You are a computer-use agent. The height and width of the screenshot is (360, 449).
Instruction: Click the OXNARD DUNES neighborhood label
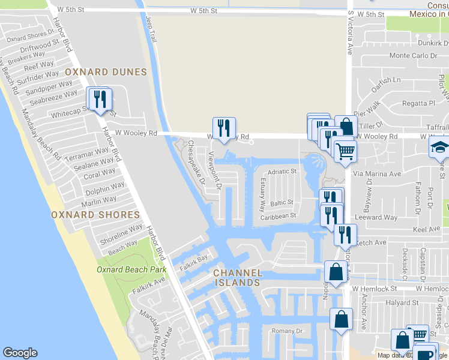(106, 72)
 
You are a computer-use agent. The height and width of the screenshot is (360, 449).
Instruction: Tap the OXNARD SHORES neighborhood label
(95, 214)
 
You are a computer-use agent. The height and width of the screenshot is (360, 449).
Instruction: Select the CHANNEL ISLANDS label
(238, 278)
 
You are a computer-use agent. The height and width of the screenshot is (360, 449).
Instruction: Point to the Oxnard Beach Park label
(131, 269)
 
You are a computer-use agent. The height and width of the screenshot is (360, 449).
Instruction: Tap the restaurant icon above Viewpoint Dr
(224, 128)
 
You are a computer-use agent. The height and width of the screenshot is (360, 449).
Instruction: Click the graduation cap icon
(439, 146)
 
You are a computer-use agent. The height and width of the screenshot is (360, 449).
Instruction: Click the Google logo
(20, 353)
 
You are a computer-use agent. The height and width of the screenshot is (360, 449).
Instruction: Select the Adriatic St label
(282, 172)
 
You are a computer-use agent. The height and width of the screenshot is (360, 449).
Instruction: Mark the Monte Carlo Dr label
(413, 56)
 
